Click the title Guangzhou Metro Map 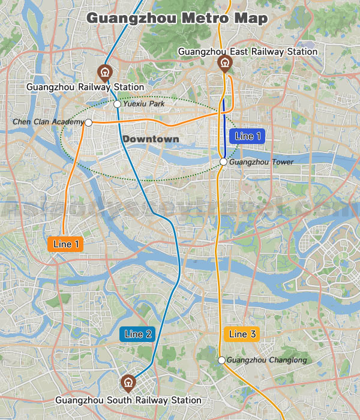177,18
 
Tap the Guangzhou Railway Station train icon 105,72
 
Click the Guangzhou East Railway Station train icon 225,64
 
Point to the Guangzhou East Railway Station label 248,52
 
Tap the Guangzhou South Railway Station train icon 128,382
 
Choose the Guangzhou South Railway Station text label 128,400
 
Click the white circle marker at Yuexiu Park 117,104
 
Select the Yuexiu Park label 143,104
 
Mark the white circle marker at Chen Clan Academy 88,122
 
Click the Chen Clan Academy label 48,122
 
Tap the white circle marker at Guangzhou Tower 223,162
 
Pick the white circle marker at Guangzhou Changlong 221,360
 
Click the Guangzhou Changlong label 266,360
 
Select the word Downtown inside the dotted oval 151,139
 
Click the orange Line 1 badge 66,244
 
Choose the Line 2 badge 138,334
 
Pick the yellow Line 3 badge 242,334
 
